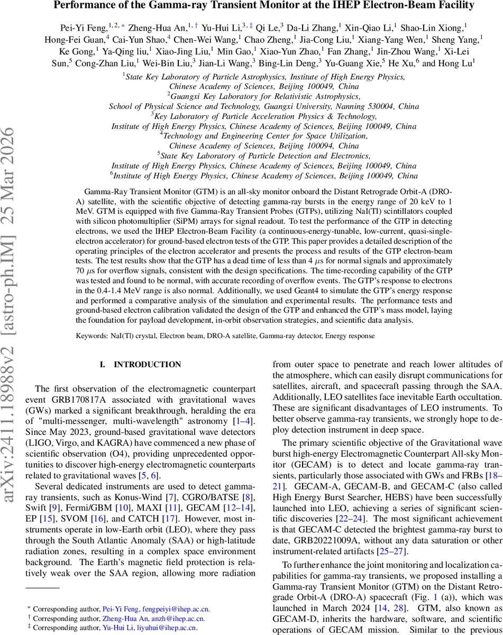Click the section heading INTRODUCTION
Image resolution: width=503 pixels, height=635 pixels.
tap(148, 365)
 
